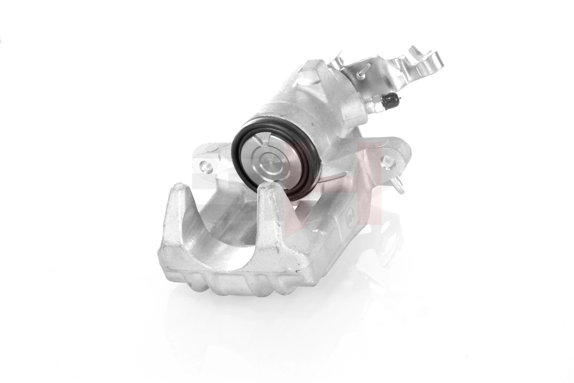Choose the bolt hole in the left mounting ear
[206, 167]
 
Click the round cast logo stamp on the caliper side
[350, 222]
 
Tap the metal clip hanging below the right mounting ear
[399, 184]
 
